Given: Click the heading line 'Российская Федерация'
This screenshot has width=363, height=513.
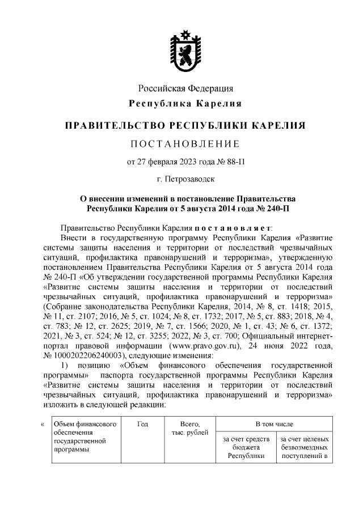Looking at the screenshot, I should point(186,89).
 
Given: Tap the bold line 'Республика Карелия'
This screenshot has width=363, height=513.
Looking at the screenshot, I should point(186,104).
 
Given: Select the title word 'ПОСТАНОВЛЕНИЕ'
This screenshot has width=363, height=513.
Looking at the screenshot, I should point(186,142).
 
